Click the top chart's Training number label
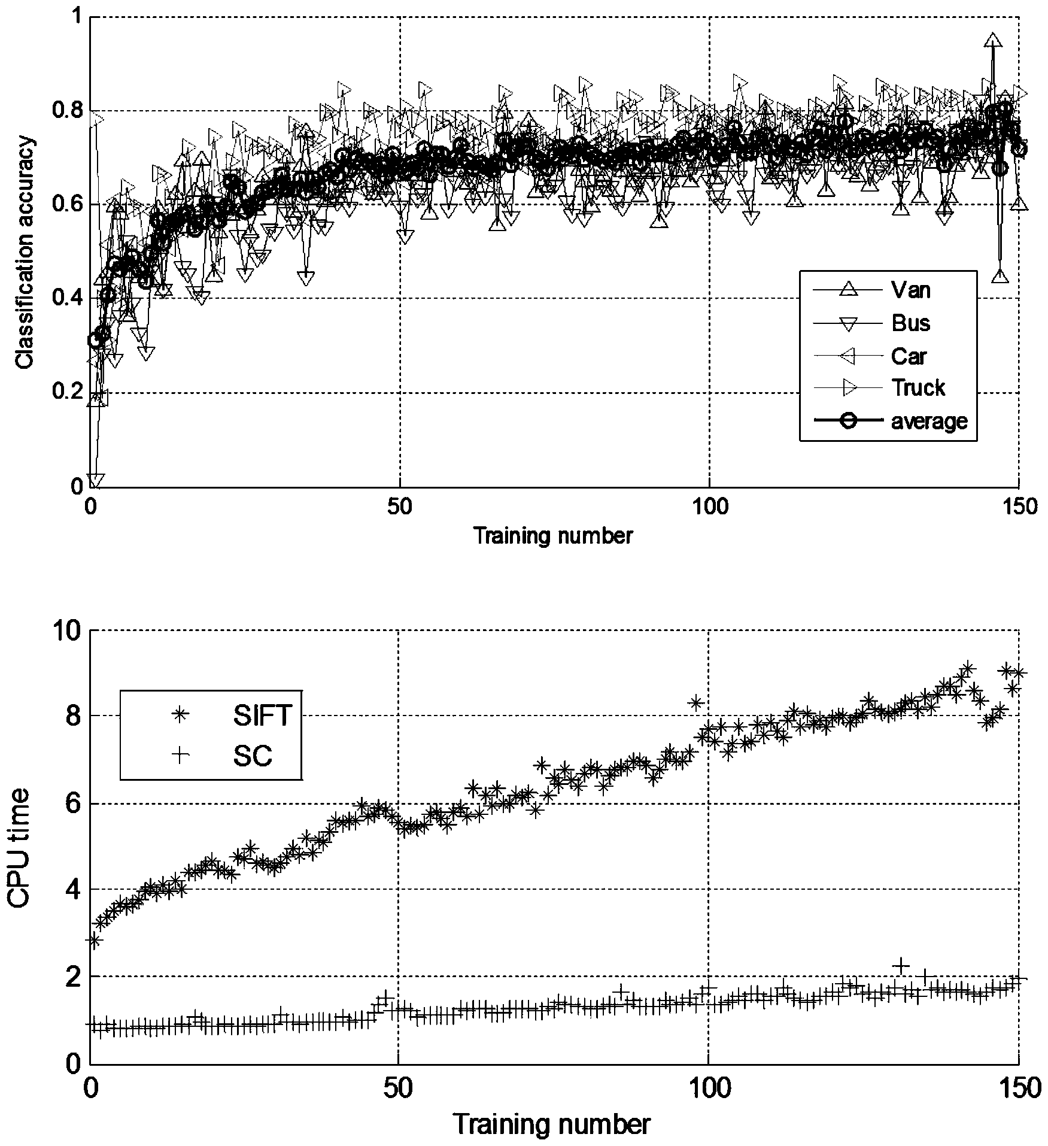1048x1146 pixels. (x=552, y=535)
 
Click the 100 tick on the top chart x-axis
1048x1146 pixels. (x=708, y=507)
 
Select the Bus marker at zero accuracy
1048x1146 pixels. (x=95, y=480)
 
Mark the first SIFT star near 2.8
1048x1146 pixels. (x=94, y=941)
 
